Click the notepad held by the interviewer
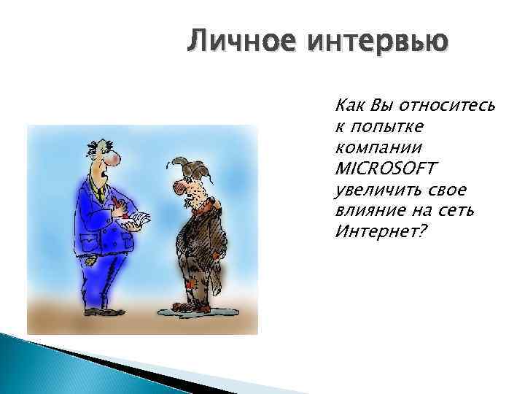pos(140,218)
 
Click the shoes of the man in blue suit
pos(99,311)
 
